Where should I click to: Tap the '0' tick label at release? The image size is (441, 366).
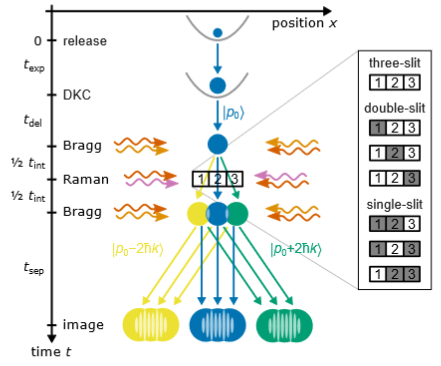tap(39, 41)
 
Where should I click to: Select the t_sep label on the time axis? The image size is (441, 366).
tap(31, 268)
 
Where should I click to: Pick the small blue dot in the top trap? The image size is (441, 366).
tap(217, 34)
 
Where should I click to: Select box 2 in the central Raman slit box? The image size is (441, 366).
tap(218, 178)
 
